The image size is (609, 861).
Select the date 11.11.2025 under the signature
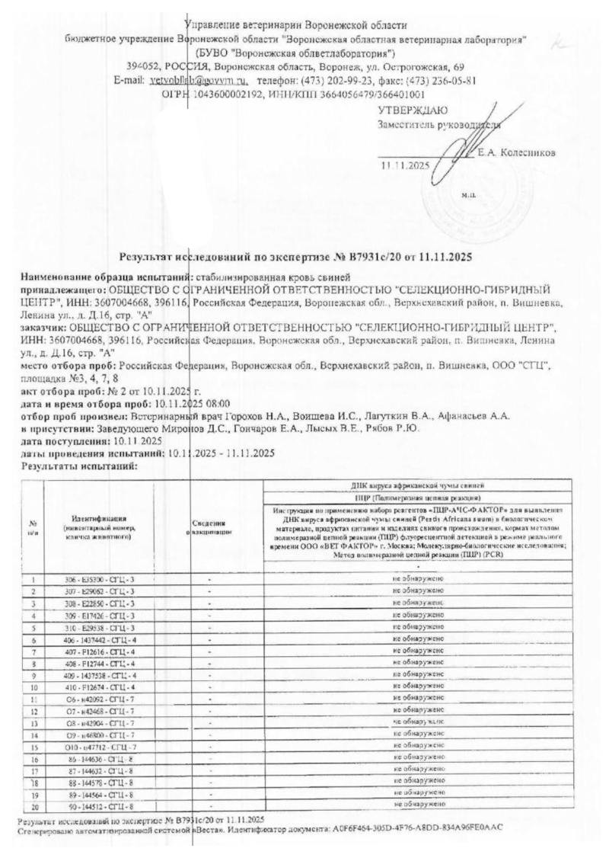coord(404,165)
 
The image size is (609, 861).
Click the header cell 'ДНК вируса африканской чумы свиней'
coord(418,485)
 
